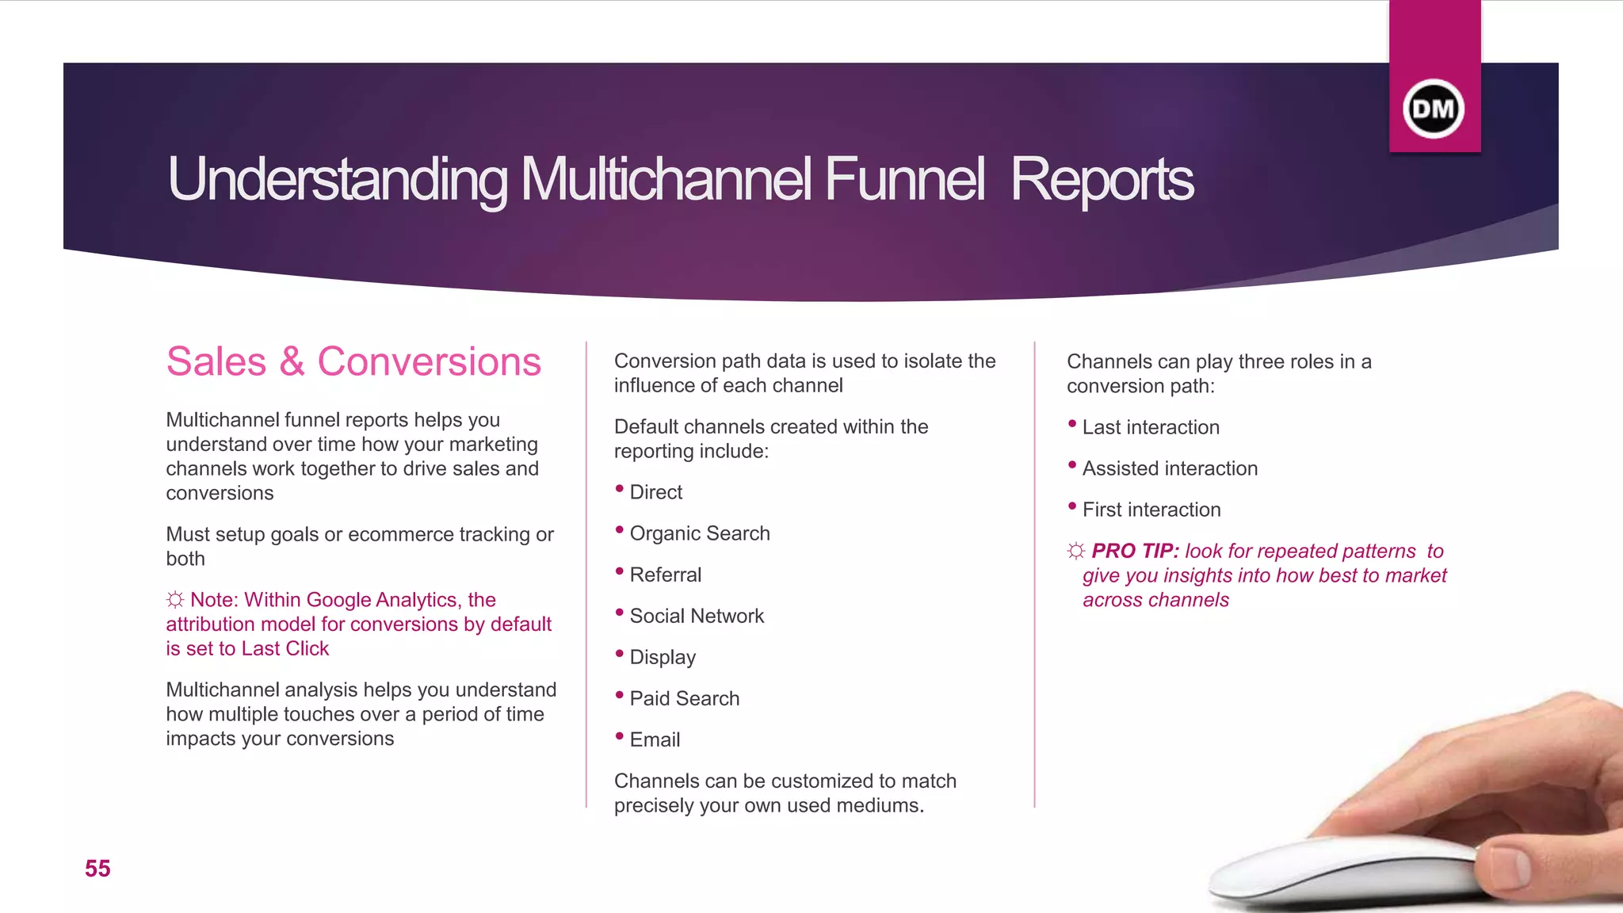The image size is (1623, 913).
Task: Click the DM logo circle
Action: pos(1434,109)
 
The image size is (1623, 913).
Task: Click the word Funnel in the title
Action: pos(904,179)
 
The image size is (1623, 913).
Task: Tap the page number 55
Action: pos(97,869)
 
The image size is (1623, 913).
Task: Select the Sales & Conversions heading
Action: pos(353,361)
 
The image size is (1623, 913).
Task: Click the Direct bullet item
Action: pos(655,492)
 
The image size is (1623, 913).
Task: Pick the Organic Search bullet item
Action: pos(699,533)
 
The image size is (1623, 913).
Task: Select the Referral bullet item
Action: pos(665,575)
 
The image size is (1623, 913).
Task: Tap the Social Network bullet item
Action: pos(696,616)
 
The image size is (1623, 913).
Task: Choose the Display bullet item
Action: pos(663,657)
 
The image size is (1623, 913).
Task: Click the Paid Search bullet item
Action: pos(684,698)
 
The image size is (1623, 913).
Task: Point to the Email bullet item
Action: pos(655,739)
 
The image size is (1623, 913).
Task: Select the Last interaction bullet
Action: pos(1150,427)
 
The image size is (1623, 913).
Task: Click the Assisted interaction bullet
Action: pos(1169,468)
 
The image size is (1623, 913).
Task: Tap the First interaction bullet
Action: pos(1151,510)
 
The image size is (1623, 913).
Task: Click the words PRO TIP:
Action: pos(1135,551)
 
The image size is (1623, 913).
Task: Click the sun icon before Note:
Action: pos(175,600)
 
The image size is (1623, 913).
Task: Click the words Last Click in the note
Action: pos(285,648)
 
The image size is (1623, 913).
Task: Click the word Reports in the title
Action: pos(1102,179)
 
